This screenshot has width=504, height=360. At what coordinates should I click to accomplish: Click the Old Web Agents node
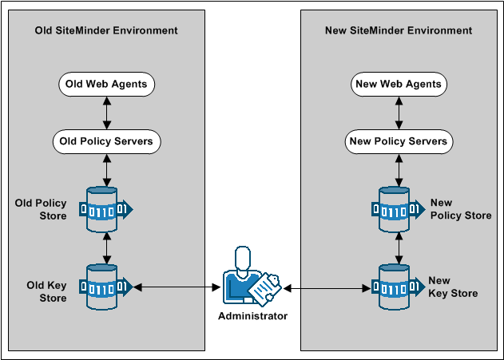pos(107,84)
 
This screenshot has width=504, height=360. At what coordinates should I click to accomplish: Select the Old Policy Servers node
pos(107,142)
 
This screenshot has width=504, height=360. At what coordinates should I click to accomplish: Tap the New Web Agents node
pos(399,84)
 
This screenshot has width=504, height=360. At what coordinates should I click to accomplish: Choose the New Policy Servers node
pos(399,142)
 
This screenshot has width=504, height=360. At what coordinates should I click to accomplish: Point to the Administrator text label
pos(252,316)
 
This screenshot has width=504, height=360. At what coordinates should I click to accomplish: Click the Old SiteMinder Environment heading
pos(106,31)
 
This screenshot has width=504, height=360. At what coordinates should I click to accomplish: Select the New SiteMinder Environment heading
pos(399,31)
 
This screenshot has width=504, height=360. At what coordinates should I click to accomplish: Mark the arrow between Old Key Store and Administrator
pos(177,286)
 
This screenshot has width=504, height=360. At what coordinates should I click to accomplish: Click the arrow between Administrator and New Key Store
pos(328,286)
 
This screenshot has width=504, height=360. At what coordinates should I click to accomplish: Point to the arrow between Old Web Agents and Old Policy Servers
pos(107,113)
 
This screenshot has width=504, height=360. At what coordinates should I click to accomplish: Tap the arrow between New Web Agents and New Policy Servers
pos(399,113)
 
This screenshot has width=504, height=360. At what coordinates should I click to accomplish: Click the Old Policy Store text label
pos(41,209)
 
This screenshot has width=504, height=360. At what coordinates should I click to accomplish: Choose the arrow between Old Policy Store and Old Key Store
pos(107,247)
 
